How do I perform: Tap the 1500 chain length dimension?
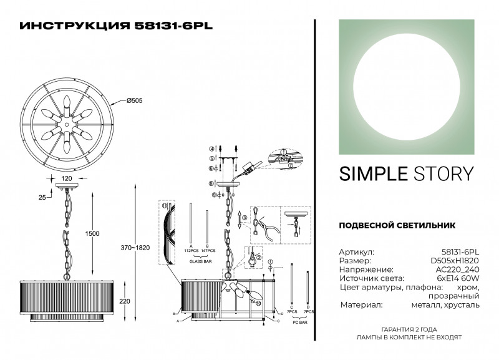[92, 233]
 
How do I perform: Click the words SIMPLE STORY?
[406, 173]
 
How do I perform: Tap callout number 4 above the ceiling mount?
[212, 148]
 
